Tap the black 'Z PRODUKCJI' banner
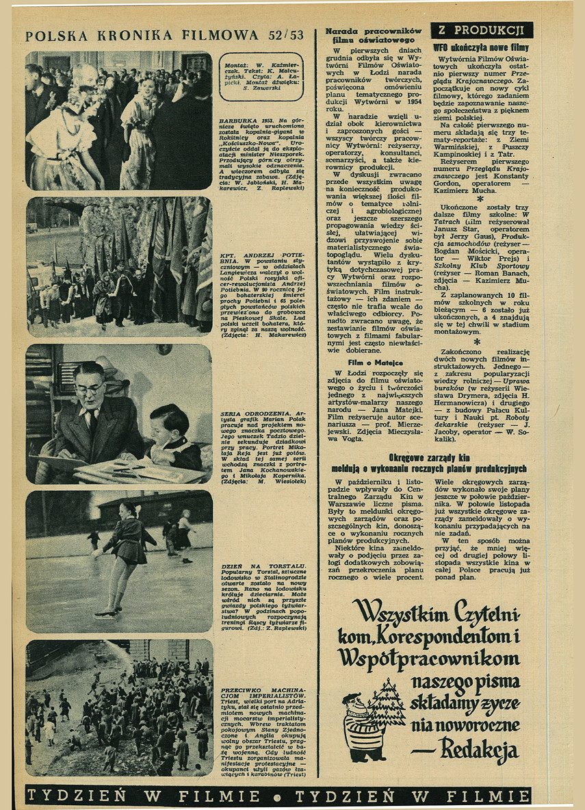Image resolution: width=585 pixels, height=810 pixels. click(x=482, y=30)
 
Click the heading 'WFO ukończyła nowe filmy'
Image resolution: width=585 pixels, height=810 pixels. click(x=481, y=48)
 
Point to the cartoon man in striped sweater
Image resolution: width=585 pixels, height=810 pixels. click(x=363, y=726)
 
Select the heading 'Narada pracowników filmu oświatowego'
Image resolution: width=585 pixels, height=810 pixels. click(x=374, y=36)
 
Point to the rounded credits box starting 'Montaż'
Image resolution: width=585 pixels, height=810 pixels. click(x=262, y=77)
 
